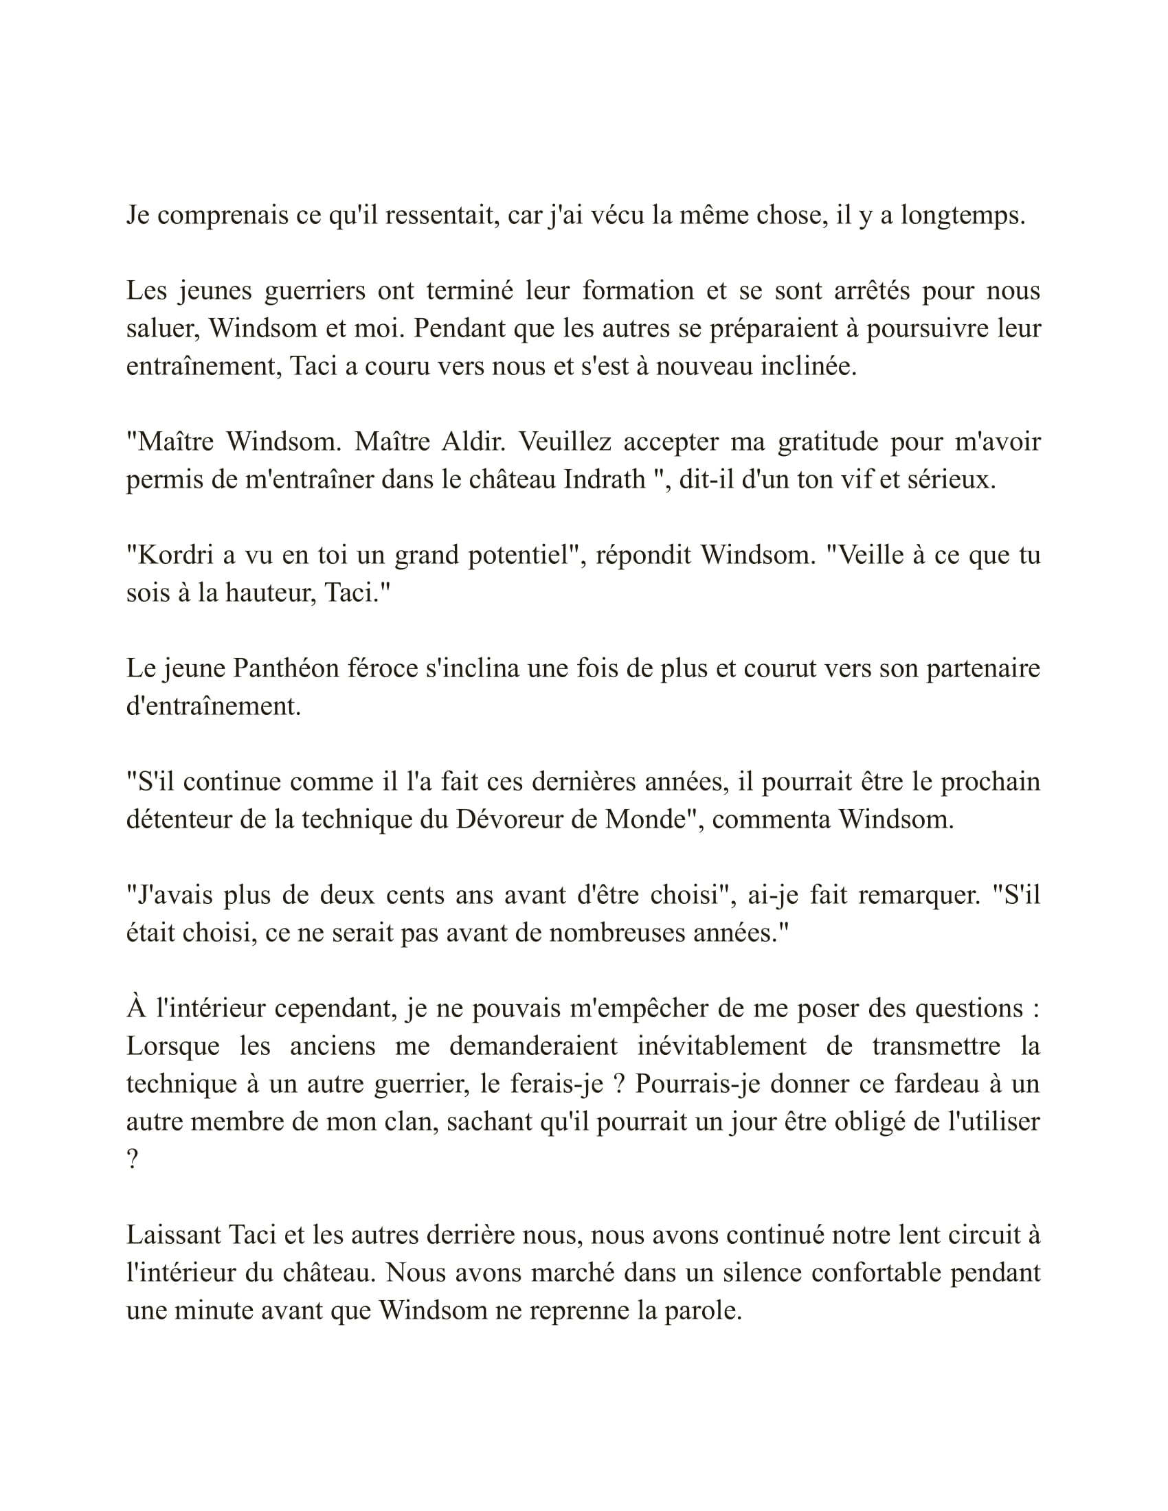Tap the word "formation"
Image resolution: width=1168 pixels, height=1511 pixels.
tap(638, 291)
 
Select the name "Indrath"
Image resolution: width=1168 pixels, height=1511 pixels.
tap(605, 479)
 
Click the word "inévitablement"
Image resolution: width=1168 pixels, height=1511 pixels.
tap(721, 1046)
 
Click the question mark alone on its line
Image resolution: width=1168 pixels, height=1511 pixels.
tap(132, 1159)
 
